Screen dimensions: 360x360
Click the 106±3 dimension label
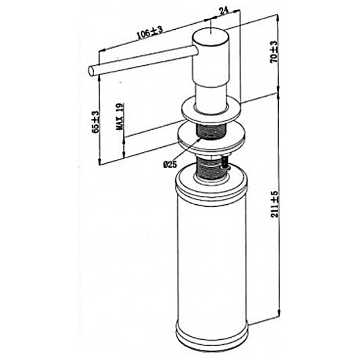pyautogui.click(x=150, y=32)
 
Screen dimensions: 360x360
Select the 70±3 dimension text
pyautogui.click(x=274, y=52)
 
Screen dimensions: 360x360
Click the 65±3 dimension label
pyautogui.click(x=96, y=122)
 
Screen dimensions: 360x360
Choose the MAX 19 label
pyautogui.click(x=120, y=116)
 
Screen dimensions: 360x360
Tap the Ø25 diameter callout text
pyautogui.click(x=170, y=164)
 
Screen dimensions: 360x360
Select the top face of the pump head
pyautogui.click(x=210, y=36)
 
